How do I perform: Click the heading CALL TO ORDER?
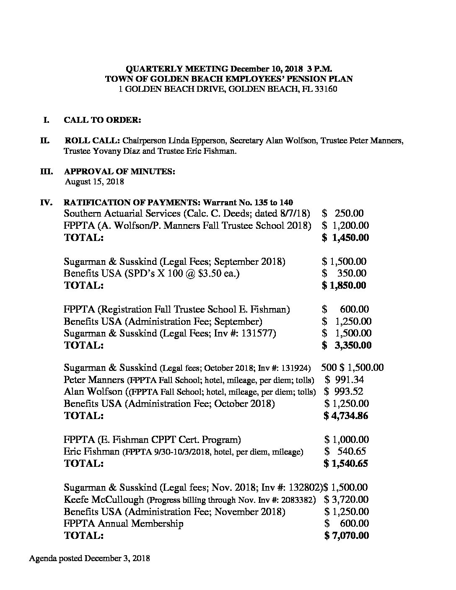[102, 120]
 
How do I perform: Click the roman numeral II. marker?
[45, 140]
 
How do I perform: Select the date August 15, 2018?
[94, 182]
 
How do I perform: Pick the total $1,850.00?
[344, 285]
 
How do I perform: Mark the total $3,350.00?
[347, 345]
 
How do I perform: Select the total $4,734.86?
[346, 416]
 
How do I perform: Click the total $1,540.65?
[346, 463]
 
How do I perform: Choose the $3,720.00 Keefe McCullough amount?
[347, 499]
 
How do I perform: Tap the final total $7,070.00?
[347, 535]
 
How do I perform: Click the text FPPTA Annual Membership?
[123, 523]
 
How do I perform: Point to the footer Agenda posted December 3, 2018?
[90, 559]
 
